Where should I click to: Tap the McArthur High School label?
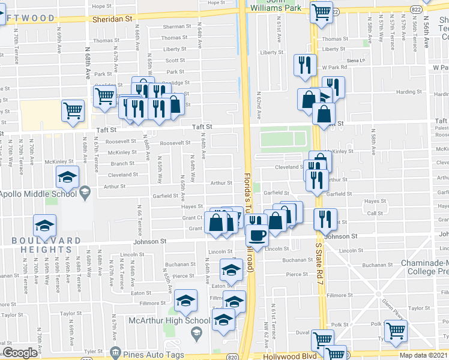click(x=169, y=320)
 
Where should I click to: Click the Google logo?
click(x=20, y=353)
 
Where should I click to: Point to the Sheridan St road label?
click(x=112, y=19)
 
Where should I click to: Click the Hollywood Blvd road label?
click(x=290, y=356)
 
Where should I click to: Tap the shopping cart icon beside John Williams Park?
click(x=322, y=10)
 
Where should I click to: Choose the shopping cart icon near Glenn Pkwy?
click(x=396, y=330)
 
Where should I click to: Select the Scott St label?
click(x=175, y=60)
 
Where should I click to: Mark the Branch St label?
click(x=122, y=163)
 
